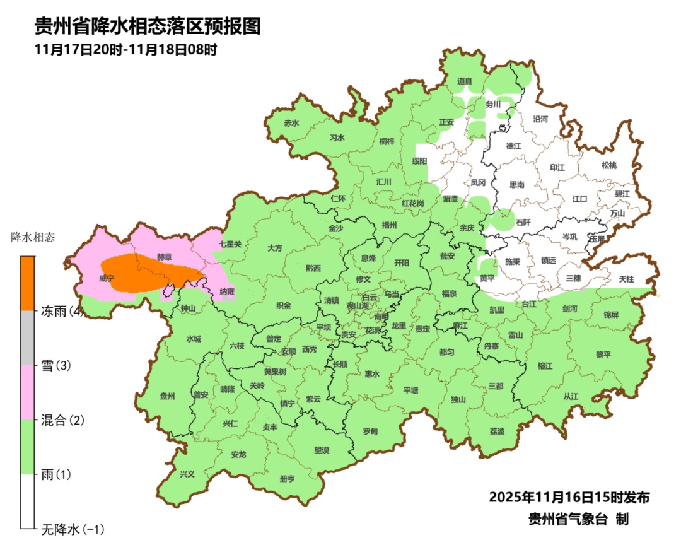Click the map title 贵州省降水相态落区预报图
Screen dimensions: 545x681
(147, 26)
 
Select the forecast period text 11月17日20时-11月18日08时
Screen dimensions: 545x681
(126, 49)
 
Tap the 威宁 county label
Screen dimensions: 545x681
(107, 278)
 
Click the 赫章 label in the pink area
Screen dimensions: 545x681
(165, 257)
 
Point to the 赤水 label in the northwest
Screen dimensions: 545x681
(291, 124)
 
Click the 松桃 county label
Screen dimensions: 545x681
(608, 166)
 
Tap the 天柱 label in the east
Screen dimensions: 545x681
(626, 278)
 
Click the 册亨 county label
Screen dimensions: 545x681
(287, 479)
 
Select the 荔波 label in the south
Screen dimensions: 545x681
(497, 431)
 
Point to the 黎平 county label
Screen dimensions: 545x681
(603, 354)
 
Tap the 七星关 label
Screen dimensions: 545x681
(230, 243)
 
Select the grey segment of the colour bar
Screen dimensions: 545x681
(27, 337)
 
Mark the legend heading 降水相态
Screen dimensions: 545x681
(33, 238)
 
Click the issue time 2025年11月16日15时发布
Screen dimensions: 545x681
(569, 497)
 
